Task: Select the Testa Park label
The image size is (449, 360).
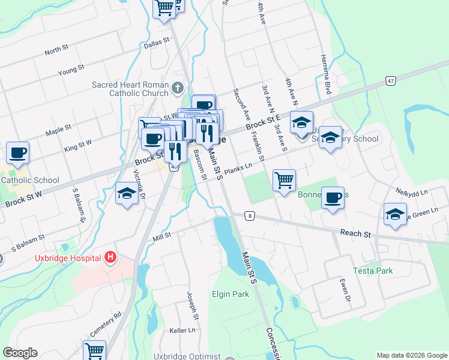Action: pos(373,271)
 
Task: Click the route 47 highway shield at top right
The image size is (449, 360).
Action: pos(391,80)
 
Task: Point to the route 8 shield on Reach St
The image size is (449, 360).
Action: pos(249,215)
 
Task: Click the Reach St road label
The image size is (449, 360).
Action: pos(354,233)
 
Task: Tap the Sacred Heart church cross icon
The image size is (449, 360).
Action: pos(177,89)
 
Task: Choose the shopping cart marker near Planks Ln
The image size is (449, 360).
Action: pos(284,180)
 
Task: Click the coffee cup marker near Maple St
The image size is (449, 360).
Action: pos(18,152)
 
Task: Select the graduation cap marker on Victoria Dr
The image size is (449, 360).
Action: pos(126,194)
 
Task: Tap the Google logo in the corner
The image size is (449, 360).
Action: pos(20,353)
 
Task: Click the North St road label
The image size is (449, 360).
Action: pos(57,50)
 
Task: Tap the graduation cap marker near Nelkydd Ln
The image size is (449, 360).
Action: pos(395,214)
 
